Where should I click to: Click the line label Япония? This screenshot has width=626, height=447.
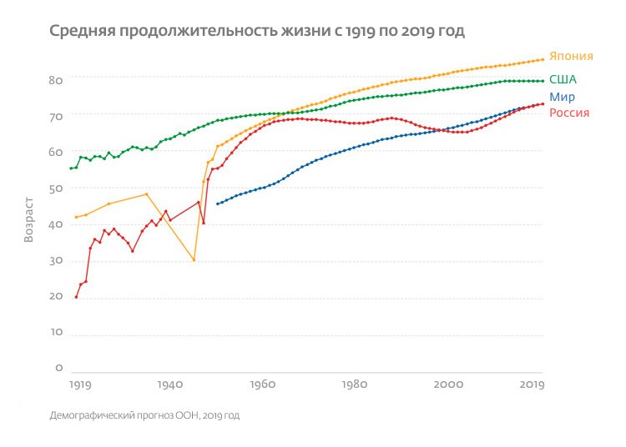(x=572, y=57)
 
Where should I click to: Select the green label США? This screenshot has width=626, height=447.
(x=563, y=80)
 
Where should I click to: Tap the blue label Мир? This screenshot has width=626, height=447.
(x=562, y=97)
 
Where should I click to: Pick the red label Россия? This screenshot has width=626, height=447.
(x=569, y=113)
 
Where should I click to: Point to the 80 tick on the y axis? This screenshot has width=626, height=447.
(x=56, y=80)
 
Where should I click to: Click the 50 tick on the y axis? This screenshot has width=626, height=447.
(x=56, y=188)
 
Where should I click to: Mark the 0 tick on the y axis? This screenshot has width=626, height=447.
(x=59, y=368)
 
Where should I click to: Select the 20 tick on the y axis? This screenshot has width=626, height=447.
(x=56, y=297)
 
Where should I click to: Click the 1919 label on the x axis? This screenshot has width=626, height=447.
(x=80, y=385)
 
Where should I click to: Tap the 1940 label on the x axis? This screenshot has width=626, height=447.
(x=169, y=385)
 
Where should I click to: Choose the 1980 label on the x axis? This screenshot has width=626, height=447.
(x=355, y=385)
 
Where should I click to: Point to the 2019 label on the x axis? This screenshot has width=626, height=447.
(x=532, y=385)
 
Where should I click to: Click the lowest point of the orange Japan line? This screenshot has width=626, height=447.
(x=194, y=260)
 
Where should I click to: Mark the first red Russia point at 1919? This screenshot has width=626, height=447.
(x=76, y=297)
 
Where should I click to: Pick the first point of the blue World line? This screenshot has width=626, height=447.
(x=217, y=203)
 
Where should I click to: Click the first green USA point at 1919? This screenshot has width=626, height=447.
(x=71, y=168)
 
